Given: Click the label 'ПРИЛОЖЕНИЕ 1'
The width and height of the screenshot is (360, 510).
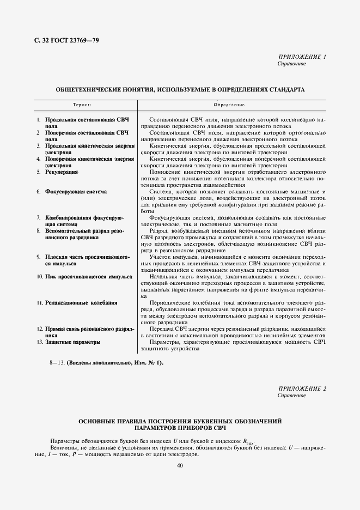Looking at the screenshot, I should coord(302,57).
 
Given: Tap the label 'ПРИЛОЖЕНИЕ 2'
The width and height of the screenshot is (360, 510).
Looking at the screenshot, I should coord(302,388).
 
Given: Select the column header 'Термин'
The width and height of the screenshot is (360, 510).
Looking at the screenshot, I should coord(82,104).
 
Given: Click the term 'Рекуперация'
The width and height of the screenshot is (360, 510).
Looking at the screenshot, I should coord(62,172).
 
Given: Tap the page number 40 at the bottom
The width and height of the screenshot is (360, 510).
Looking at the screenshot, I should coord(180,465).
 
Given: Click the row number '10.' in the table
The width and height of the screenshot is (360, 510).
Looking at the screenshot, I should coord(40,276).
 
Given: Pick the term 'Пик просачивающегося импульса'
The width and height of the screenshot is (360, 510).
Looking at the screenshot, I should coord(89,276).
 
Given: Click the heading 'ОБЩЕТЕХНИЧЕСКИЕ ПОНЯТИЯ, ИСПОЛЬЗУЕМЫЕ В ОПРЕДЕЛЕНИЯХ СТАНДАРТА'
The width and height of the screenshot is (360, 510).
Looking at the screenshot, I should coord(180,88).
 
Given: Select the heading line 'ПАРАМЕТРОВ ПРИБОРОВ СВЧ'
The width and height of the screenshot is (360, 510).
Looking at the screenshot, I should coord(180,428).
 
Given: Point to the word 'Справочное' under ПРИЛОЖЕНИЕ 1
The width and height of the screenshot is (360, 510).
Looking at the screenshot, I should coord(292,64).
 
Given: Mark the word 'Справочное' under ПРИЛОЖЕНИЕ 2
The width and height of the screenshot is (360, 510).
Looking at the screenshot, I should coord(292,395).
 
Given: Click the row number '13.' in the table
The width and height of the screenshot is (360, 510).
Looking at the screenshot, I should coord(40,342).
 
